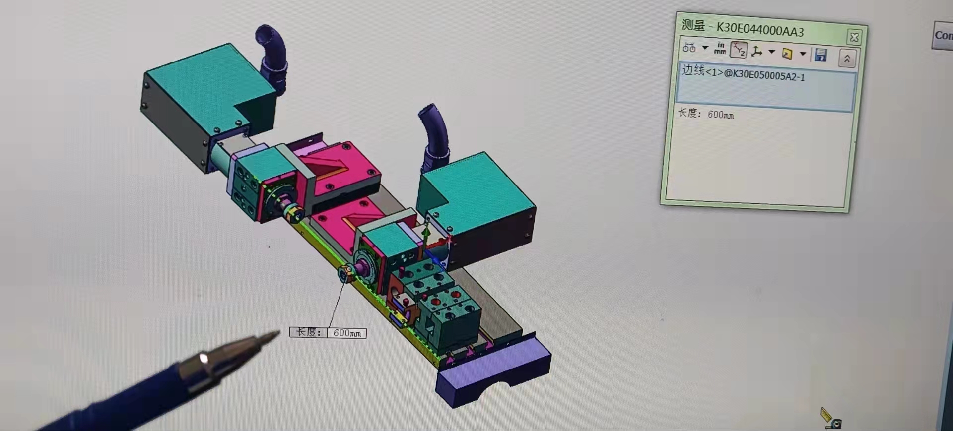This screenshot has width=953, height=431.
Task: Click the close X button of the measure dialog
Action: point(854,37)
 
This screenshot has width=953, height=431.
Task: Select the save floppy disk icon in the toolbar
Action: point(820,55)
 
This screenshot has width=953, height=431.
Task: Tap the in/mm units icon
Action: point(720,48)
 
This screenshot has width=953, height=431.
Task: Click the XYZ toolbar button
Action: point(739,50)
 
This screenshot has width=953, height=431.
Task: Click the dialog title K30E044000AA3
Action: point(760,29)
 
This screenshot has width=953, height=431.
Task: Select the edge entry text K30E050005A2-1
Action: point(769,75)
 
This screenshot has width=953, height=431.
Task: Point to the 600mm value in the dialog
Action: point(720,115)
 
